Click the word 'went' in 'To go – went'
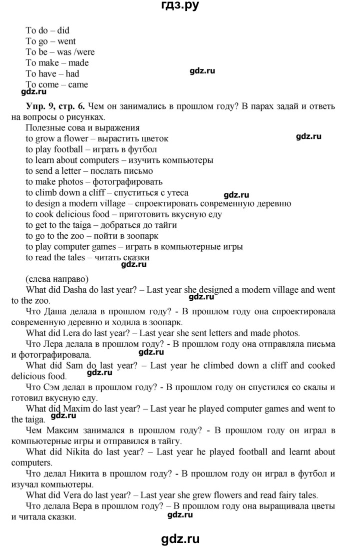[x=66, y=41]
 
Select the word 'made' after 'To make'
[x=79, y=63]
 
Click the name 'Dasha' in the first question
[x=71, y=290]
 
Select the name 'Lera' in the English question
[x=69, y=333]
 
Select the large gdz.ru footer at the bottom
[x=179, y=539]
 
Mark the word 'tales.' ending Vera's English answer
[x=306, y=496]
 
